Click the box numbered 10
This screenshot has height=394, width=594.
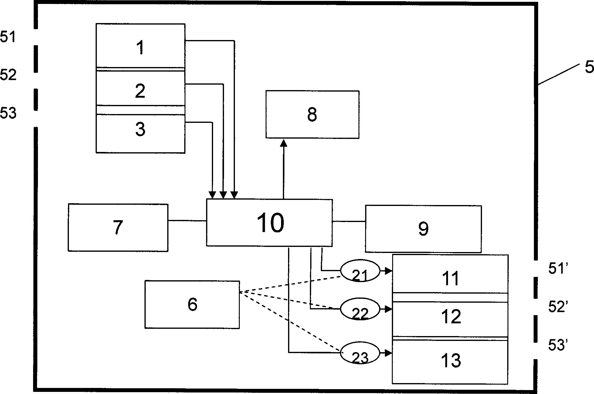(x=270, y=223)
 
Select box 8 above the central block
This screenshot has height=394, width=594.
(x=312, y=115)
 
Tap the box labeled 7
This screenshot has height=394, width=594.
(x=118, y=227)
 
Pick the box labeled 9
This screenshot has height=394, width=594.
(x=423, y=229)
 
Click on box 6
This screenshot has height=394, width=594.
(x=192, y=304)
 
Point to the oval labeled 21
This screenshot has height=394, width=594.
(x=360, y=271)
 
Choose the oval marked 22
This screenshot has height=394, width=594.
(x=360, y=310)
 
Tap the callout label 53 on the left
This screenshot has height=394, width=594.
(x=8, y=113)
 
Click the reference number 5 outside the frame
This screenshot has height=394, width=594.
(x=589, y=67)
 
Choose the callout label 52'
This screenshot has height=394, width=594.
(x=556, y=307)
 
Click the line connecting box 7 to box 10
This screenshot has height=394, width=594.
(x=187, y=221)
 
